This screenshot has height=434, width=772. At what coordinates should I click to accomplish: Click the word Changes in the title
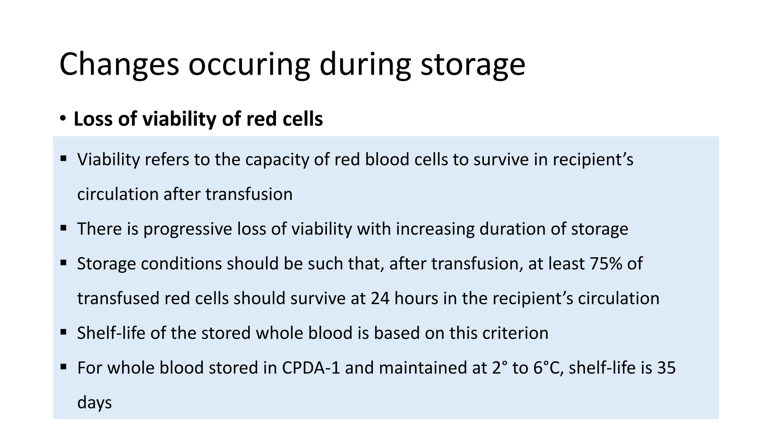click(x=119, y=65)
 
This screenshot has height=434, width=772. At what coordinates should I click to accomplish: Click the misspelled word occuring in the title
click(x=249, y=65)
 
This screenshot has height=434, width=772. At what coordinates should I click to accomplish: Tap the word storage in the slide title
click(x=473, y=65)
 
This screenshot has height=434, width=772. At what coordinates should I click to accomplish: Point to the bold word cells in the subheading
click(x=304, y=119)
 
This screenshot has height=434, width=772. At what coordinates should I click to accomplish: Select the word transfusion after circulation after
click(x=249, y=194)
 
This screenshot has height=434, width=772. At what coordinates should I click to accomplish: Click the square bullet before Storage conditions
click(x=63, y=263)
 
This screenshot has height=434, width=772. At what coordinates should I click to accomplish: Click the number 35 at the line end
click(x=666, y=368)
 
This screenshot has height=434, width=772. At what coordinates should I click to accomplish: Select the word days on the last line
click(x=94, y=402)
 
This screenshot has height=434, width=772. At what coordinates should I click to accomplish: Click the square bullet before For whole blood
click(x=63, y=367)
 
